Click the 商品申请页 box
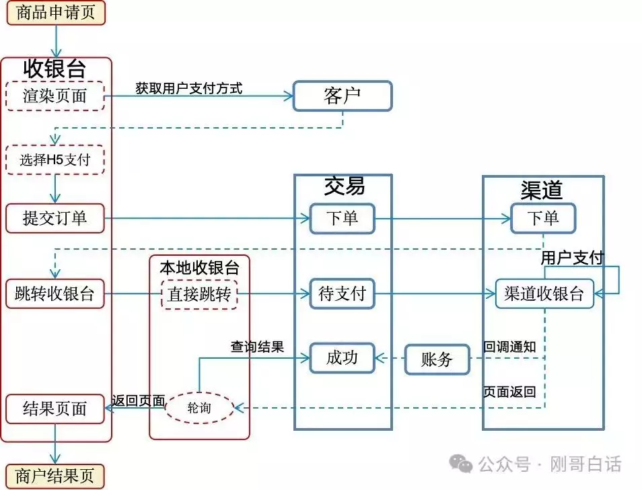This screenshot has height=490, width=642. (56, 13)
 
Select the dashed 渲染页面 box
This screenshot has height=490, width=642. (55, 96)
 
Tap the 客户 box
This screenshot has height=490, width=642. (342, 96)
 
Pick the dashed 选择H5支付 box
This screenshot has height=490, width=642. (55, 160)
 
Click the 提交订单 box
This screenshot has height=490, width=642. (55, 218)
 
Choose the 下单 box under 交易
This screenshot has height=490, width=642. (342, 218)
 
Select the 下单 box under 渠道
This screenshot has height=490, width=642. (542, 218)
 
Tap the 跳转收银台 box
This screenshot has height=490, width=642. (55, 294)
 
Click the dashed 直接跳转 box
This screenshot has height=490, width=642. (199, 294)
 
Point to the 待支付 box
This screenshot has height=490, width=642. (342, 294)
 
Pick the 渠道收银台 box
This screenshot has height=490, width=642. (544, 294)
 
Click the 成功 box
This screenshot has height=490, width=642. (342, 358)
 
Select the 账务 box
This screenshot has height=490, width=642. (437, 359)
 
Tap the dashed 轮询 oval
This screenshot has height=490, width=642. (199, 408)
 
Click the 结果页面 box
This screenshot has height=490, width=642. (55, 409)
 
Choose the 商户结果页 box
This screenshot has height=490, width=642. (56, 476)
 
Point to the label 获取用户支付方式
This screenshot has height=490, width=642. (188, 87)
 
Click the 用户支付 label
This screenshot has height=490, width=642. (573, 258)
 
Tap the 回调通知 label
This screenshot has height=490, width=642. (509, 347)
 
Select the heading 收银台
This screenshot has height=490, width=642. (55, 67)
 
